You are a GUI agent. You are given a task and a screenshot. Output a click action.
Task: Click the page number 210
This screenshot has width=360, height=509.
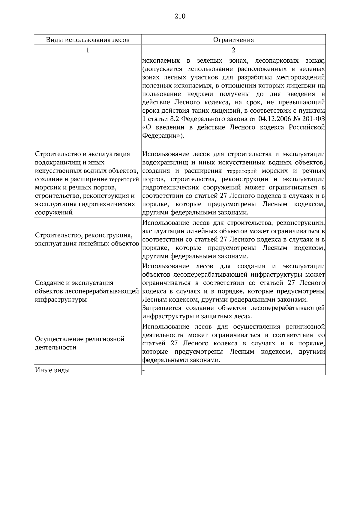click(180, 16)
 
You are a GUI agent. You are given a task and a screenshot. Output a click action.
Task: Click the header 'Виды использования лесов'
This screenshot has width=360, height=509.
click(88, 40)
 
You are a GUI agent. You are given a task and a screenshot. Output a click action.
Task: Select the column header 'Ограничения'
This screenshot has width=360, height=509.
click(233, 40)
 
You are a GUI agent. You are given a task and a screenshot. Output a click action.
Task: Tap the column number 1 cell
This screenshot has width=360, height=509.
click(88, 50)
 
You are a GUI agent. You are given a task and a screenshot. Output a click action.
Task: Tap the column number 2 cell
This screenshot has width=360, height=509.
click(233, 50)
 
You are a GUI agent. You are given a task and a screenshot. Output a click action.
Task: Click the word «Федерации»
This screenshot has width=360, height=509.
click(162, 136)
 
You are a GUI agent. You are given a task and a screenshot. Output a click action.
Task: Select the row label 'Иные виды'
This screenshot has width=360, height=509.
click(52, 370)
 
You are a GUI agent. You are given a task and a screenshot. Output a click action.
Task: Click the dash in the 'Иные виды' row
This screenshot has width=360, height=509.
click(143, 370)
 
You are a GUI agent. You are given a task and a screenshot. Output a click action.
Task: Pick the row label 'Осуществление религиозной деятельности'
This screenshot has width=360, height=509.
click(80, 343)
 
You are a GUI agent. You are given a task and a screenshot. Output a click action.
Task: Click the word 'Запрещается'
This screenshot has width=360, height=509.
click(162, 308)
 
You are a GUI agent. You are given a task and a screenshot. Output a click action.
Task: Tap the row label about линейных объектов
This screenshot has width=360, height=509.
click(87, 239)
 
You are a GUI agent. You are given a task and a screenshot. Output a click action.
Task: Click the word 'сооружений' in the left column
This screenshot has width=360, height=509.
click(54, 213)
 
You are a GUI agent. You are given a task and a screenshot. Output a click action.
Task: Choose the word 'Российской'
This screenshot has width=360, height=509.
click(307, 127)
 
